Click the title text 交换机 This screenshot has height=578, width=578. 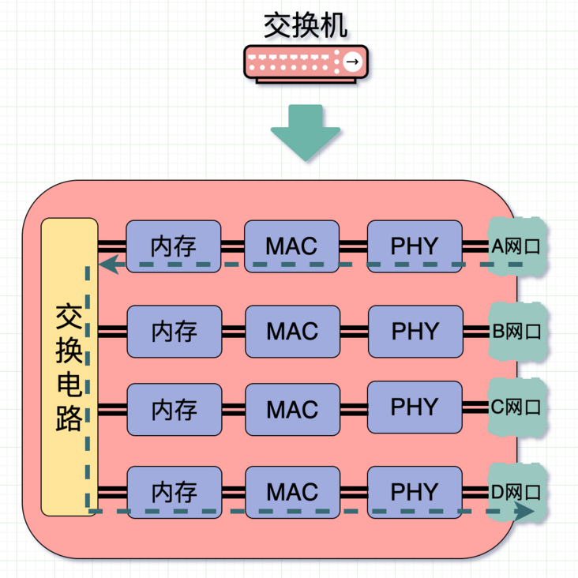(306, 25)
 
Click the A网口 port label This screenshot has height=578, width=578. (516, 246)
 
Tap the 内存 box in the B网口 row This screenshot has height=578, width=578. (174, 331)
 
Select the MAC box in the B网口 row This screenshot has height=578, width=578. (292, 331)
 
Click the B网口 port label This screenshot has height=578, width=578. (517, 331)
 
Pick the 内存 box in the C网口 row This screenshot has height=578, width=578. (174, 410)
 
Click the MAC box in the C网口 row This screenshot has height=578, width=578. (292, 410)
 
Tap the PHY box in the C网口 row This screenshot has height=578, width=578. (415, 407)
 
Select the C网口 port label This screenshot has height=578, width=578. (517, 407)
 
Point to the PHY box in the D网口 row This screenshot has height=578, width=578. (415, 491)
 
